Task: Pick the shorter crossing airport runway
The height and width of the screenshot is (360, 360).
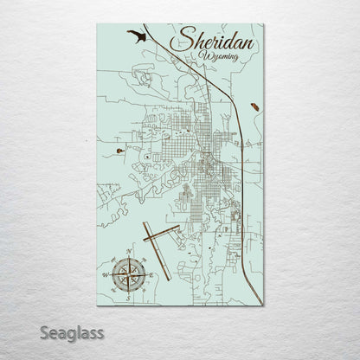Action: click(160, 233)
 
